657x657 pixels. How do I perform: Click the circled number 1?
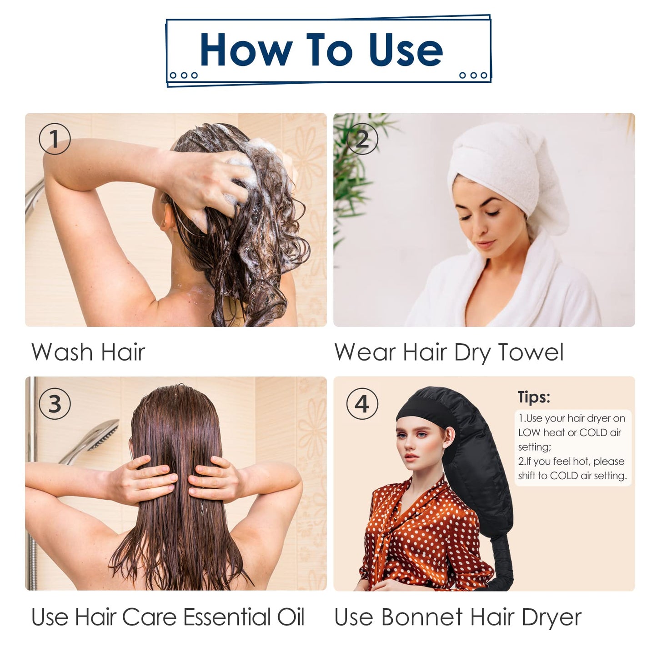coord(55,139)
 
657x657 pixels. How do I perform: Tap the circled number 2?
coord(362,139)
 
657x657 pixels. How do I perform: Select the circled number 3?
coord(55,404)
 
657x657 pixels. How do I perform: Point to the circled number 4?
coord(362,404)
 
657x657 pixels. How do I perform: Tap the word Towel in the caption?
coord(531,352)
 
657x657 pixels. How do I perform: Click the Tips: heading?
coord(534,397)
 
